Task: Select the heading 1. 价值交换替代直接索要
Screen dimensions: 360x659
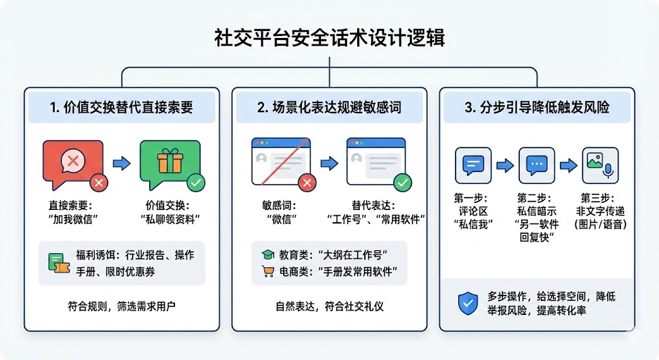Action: [122, 108]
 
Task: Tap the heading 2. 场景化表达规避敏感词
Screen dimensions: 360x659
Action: [329, 108]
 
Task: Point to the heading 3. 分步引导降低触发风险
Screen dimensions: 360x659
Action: [537, 108]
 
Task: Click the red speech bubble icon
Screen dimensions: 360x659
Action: [72, 160]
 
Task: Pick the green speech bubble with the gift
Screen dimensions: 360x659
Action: [170, 160]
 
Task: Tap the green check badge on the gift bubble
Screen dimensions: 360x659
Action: [196, 183]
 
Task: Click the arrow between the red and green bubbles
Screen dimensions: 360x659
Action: [122, 164]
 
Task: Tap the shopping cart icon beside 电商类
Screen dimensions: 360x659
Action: [267, 272]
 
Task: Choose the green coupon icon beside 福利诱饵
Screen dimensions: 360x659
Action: [57, 263]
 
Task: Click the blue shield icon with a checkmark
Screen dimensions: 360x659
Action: [468, 303]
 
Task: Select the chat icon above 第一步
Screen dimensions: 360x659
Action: [473, 165]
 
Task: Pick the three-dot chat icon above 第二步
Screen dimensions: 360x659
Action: [537, 165]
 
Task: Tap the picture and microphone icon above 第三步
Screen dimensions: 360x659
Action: [600, 165]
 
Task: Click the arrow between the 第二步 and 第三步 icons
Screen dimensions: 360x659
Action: [568, 166]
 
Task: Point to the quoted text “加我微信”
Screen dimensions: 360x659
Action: [72, 218]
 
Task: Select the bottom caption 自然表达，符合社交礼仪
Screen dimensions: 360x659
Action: [329, 306]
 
